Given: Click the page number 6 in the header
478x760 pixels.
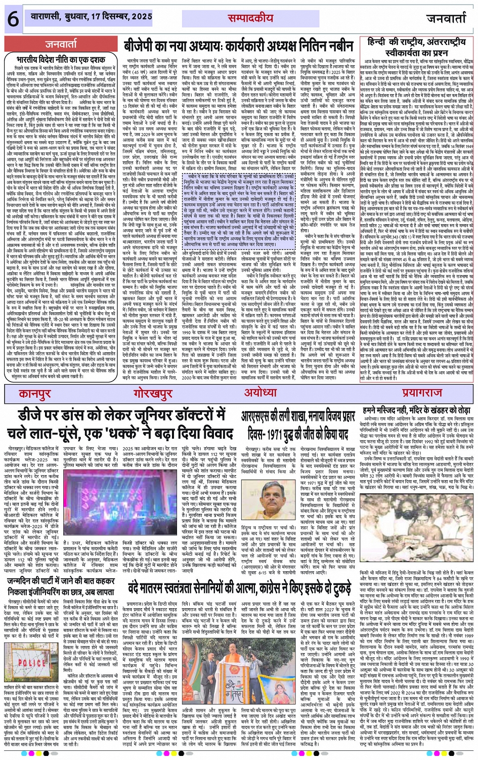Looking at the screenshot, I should (x=12, y=19).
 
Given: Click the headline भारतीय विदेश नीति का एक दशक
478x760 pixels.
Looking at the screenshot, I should (x=61, y=59).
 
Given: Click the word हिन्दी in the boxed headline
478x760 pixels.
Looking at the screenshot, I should (x=383, y=41).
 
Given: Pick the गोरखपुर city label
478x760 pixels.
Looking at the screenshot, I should (x=147, y=379).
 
